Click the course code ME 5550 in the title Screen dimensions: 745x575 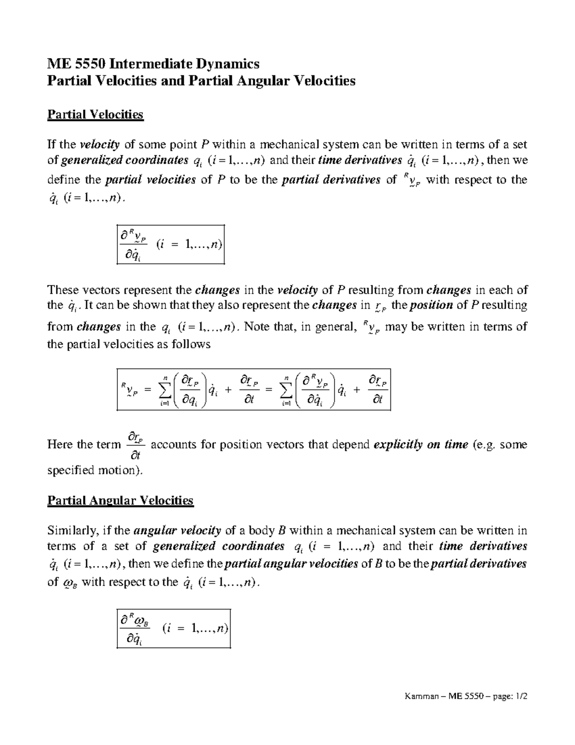tap(77, 63)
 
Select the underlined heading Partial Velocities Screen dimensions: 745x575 tap(95, 114)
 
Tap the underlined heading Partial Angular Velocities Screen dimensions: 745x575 tap(120, 500)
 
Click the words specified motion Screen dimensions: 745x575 tap(95, 470)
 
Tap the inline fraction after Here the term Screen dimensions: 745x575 tap(135, 445)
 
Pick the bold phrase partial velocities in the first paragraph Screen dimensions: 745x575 tap(150, 180)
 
